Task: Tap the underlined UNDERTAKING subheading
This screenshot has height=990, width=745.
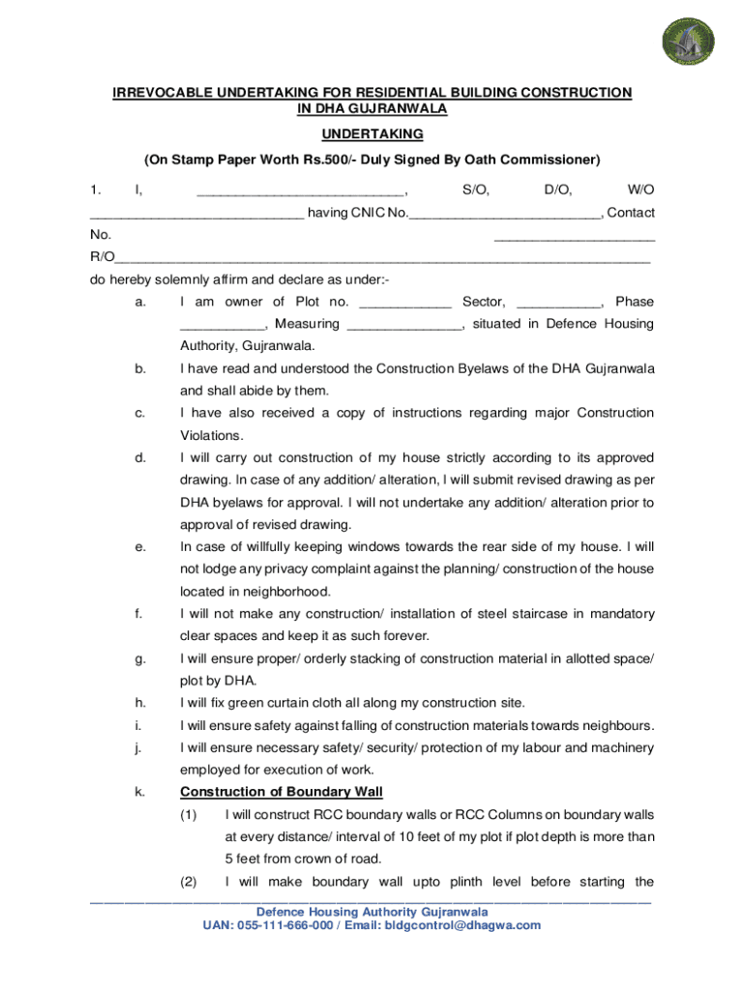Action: pos(372,134)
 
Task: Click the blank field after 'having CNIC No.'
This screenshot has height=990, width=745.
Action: pos(504,214)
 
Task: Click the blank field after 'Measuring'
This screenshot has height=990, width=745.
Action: pos(403,325)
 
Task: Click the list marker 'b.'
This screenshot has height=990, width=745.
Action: pos(141,369)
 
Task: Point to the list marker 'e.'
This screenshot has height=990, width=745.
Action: pos(141,547)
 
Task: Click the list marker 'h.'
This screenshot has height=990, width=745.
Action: pos(141,703)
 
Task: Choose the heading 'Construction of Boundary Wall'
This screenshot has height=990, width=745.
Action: pos(282,793)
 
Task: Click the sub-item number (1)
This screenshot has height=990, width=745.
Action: pos(190,815)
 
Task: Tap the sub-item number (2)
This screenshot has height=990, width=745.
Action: pos(190,882)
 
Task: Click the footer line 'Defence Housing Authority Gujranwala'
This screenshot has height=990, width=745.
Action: pos(372,912)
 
